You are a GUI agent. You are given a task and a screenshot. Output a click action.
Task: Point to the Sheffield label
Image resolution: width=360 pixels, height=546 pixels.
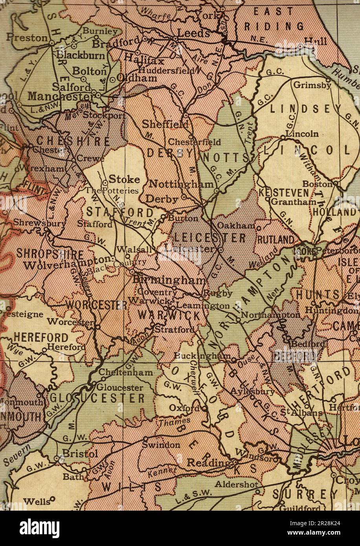point(165,124)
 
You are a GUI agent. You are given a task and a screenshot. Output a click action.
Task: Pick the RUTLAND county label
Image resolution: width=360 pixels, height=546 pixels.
point(276,239)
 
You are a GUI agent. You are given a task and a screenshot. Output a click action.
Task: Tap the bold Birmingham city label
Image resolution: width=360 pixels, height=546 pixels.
point(169,280)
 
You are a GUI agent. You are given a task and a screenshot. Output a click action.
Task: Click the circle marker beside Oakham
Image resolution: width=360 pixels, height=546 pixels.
point(258,227)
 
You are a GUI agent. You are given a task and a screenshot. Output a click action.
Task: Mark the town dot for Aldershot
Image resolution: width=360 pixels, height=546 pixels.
point(258,491)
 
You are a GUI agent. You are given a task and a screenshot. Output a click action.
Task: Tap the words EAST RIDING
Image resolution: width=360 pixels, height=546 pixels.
point(274,19)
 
